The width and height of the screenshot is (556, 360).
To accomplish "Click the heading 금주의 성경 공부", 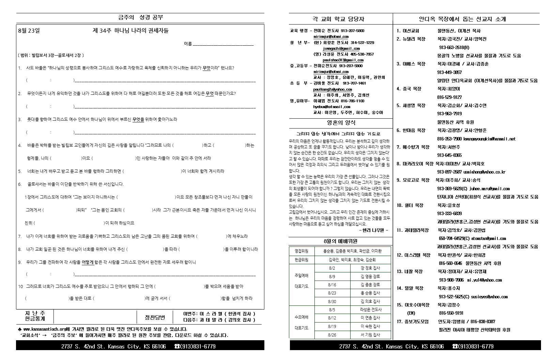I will click(x=140, y=17).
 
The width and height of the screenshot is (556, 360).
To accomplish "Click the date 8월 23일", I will click(x=29, y=31).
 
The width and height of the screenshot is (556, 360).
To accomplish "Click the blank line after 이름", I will click(x=223, y=44).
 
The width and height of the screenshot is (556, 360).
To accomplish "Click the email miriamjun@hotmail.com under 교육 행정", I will click(x=331, y=36).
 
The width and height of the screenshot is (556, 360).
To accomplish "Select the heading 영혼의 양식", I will click(x=341, y=123).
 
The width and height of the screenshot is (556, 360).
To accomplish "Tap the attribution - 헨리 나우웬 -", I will click(x=373, y=230).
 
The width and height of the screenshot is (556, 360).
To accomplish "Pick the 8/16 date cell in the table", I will click(x=332, y=285).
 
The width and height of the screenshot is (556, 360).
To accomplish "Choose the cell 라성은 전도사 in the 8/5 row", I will click(x=371, y=310).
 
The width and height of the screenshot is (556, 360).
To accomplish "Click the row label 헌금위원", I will click(x=301, y=259).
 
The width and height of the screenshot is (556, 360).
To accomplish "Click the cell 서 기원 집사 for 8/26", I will click(x=370, y=335).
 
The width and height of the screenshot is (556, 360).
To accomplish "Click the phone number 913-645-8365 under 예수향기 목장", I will click(x=449, y=155).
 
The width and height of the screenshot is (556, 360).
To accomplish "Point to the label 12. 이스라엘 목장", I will click(x=413, y=255).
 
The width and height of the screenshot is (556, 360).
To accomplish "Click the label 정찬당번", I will click(x=155, y=317).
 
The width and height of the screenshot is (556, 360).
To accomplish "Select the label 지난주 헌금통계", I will click(x=35, y=316).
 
